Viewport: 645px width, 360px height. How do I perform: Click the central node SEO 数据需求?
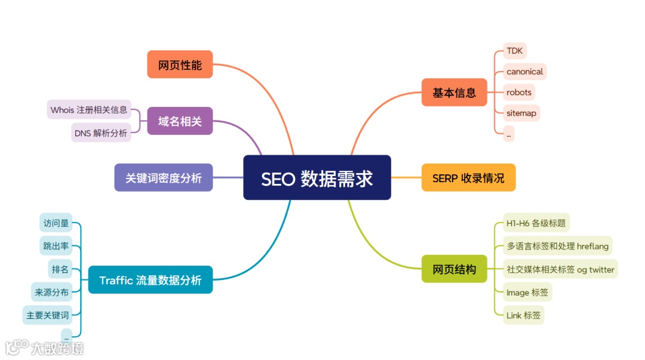pos(317,178)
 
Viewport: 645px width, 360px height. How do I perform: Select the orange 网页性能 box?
pos(180,64)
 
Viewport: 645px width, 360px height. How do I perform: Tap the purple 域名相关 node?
pos(180,121)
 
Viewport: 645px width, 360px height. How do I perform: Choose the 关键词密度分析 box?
pos(164,177)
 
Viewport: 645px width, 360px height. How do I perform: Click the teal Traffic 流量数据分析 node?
pos(150,280)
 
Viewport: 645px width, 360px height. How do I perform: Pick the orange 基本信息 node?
pos(454,93)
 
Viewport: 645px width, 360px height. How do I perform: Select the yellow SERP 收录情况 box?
pos(468,177)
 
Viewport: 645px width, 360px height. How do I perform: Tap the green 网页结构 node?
pos(454,269)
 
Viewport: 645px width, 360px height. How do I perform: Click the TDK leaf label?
pos(514,51)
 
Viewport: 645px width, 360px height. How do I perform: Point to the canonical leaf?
pos(524,72)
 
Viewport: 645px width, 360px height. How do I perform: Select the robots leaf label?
pos(518,93)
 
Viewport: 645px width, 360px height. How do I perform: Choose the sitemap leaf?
pos(521,113)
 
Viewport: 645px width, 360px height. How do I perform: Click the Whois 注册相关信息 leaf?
pos(89,109)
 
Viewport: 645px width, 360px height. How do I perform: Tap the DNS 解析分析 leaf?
pos(101,133)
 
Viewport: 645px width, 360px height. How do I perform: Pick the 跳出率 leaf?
pos(56,246)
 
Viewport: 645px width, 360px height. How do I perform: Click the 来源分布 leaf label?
pos(51,292)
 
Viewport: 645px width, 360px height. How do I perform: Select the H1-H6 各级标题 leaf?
pos(536,223)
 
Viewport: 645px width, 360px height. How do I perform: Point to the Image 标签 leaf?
pos(527,292)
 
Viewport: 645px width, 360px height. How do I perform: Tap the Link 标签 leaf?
pos(523,315)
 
